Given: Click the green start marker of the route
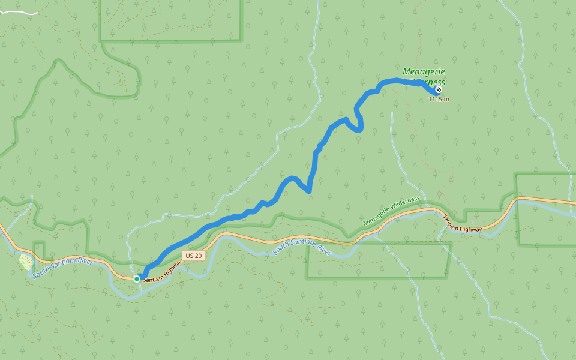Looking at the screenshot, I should (x=137, y=279).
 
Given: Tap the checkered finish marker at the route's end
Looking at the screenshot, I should (x=439, y=89).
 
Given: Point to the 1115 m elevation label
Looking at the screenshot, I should (x=439, y=99).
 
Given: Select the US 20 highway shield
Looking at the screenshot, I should (x=193, y=256).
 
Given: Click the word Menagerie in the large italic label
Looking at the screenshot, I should (x=424, y=71).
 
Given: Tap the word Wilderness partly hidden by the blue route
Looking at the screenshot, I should (x=427, y=82).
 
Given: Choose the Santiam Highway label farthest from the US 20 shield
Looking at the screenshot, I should (x=462, y=224).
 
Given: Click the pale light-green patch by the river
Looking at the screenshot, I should (x=26, y=262).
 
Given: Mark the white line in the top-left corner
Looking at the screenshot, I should (x=19, y=12).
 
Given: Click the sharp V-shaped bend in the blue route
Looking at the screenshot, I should (x=308, y=191).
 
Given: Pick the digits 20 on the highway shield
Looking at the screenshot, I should (x=197, y=256).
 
